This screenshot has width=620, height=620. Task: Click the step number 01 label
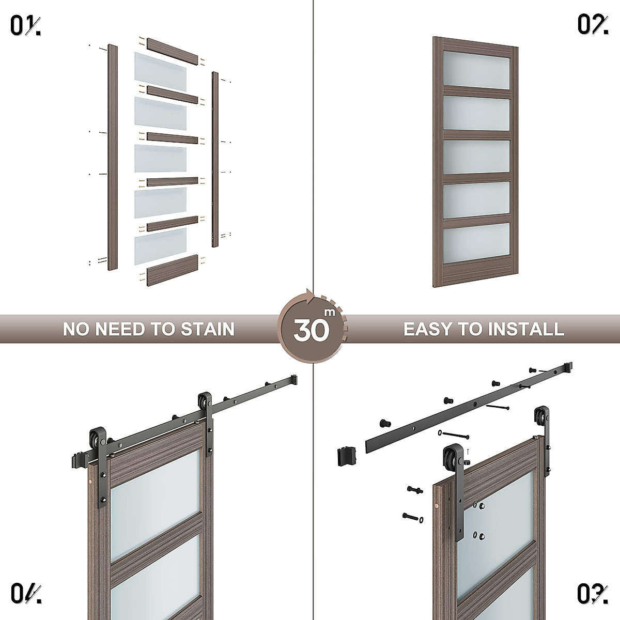25,25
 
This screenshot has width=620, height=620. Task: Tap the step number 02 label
592,25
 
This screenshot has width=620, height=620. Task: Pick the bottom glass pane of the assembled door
476,240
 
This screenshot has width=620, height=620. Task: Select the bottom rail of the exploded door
173,270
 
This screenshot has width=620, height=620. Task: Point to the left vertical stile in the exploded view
112,158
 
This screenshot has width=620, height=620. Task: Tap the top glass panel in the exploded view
160,67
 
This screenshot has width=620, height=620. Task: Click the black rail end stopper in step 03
346,456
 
